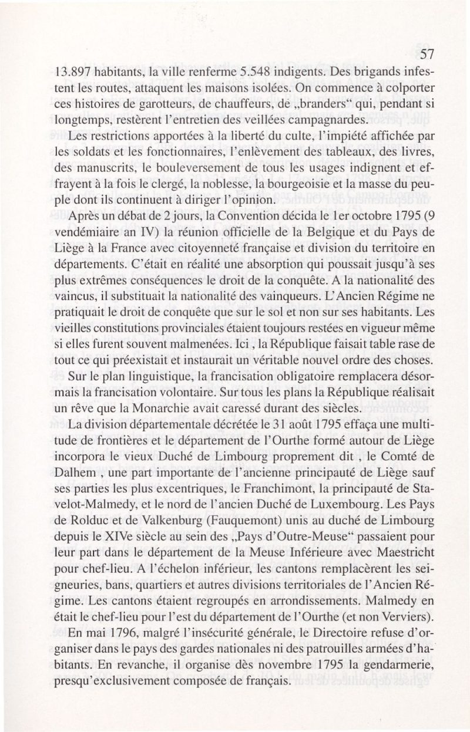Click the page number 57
point(427,55)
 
